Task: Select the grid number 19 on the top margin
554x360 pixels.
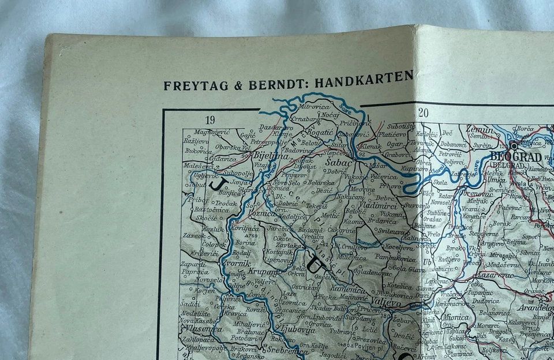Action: tap(209, 120)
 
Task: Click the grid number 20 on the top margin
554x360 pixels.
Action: tap(423, 113)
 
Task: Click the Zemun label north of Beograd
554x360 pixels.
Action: tap(480, 130)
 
